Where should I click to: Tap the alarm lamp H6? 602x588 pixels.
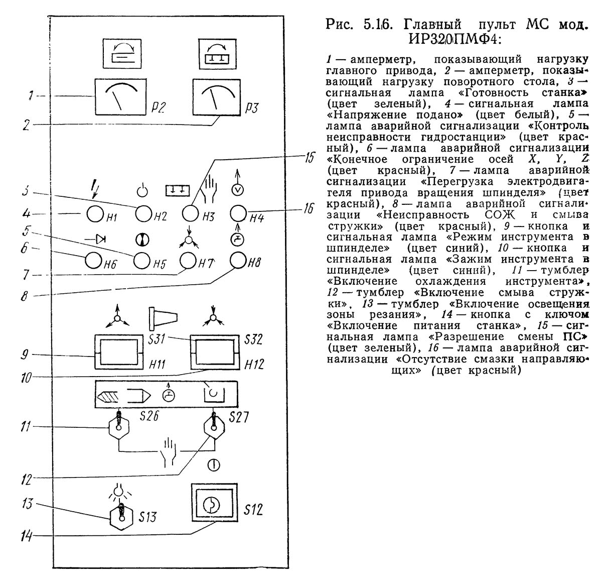click(x=94, y=260)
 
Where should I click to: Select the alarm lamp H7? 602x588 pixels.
click(x=190, y=260)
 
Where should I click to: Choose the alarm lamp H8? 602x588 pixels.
click(x=238, y=260)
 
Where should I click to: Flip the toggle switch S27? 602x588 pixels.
click(x=214, y=428)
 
